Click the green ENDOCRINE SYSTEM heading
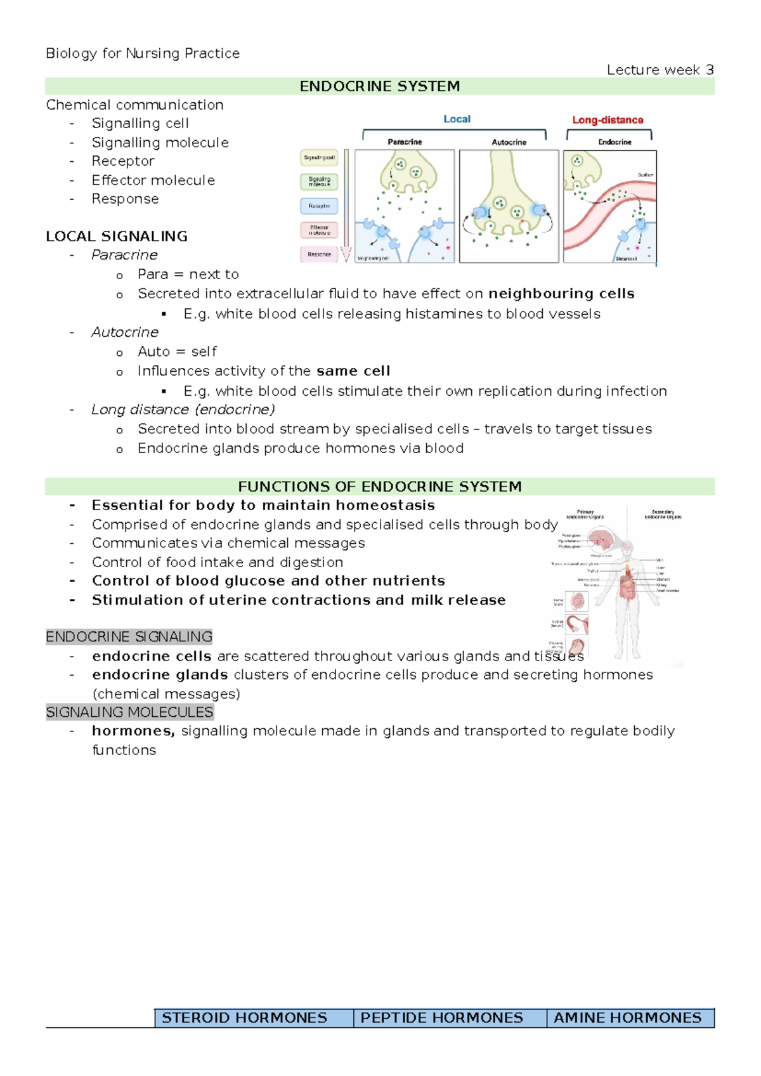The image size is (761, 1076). click(379, 86)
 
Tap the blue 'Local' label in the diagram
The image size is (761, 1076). click(457, 119)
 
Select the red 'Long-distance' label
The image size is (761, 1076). click(608, 120)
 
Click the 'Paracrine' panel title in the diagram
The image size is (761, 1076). click(405, 142)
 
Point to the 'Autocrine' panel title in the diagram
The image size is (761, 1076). click(509, 142)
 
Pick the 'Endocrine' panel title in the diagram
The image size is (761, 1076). click(615, 142)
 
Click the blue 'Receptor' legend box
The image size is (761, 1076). click(319, 206)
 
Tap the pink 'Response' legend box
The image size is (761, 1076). click(319, 254)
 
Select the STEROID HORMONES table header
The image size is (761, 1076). click(245, 1018)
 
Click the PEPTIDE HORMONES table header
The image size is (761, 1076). click(442, 1018)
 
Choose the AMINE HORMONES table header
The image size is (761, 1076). click(628, 1018)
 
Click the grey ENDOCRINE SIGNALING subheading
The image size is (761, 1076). click(129, 636)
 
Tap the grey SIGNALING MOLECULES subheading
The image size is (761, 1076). click(130, 712)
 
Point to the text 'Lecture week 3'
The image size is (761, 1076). click(660, 70)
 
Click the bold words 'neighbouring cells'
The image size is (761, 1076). click(561, 294)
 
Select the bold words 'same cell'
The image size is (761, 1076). click(353, 371)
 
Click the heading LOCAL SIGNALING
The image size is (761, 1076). click(117, 236)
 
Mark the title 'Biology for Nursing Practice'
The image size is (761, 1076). click(143, 53)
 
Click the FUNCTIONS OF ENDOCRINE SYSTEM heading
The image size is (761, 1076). click(379, 487)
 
